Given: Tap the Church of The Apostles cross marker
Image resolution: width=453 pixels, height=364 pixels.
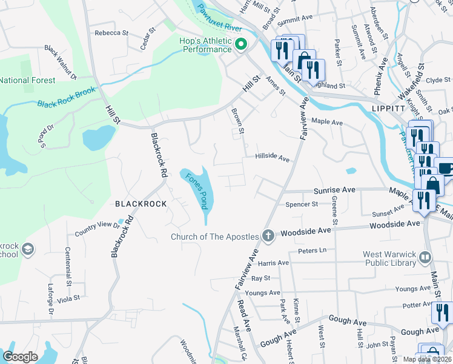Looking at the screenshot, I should tap(268, 235).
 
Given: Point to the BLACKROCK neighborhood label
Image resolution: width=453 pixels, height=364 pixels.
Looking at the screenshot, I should tap(141, 204).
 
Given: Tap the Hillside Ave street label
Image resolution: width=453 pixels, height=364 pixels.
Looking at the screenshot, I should tap(273, 157).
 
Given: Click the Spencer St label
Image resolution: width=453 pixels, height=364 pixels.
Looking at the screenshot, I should tap(302, 204).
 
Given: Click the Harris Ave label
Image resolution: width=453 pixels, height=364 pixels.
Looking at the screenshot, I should tap(274, 263).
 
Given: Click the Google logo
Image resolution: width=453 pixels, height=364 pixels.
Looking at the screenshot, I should tap(20, 357).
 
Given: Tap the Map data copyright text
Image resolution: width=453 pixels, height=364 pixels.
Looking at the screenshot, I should tap(426, 359).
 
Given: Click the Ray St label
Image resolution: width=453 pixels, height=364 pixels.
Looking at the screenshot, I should tap(260, 278).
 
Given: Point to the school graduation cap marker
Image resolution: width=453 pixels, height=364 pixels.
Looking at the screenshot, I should tap(27, 249).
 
